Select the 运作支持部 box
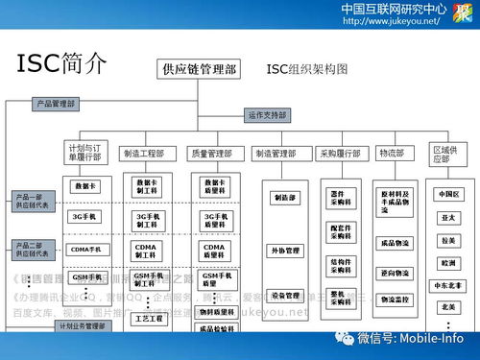268,115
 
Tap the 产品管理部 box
57,103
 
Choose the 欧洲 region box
447,262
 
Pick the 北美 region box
447,306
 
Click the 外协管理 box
285,251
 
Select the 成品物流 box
395,243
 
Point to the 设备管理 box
285,296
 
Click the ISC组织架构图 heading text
307,69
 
